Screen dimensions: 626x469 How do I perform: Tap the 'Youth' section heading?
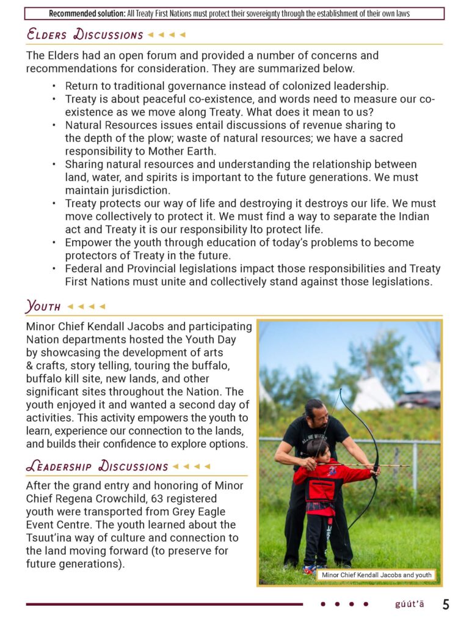click(x=43, y=306)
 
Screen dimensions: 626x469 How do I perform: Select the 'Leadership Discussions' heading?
click(x=96, y=466)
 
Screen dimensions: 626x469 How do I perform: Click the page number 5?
click(x=446, y=605)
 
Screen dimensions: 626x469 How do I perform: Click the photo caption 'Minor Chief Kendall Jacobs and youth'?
click(x=376, y=575)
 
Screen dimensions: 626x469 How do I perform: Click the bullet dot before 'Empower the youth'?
click(x=54, y=242)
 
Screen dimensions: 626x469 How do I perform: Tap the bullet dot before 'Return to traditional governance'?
click(x=54, y=86)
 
